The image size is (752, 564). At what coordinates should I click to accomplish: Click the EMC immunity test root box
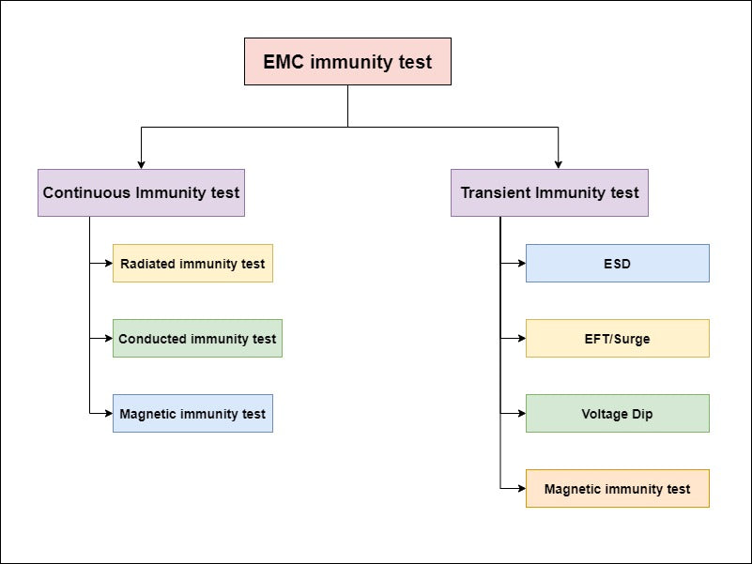click(x=347, y=62)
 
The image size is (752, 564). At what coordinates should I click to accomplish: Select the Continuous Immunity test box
click(x=141, y=192)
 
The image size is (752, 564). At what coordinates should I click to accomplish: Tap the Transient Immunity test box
click(x=549, y=192)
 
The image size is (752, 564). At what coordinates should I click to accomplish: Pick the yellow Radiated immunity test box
click(x=192, y=264)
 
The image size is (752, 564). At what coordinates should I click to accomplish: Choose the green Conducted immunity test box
click(x=197, y=339)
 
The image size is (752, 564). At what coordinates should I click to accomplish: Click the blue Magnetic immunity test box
click(x=192, y=414)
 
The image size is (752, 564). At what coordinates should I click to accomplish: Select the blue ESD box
click(x=617, y=264)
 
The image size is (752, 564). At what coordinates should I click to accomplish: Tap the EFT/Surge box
click(x=617, y=339)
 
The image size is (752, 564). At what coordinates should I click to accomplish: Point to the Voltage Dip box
click(x=617, y=414)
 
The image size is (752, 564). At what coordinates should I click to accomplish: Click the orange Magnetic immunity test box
click(x=617, y=489)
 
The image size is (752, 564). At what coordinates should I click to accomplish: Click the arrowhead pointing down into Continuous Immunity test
click(x=141, y=163)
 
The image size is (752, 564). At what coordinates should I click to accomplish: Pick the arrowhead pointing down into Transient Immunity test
click(x=559, y=163)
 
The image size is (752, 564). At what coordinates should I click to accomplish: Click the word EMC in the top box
click(x=284, y=63)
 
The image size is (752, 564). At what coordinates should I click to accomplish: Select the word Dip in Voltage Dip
click(x=642, y=415)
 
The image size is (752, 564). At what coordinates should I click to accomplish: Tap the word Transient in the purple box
click(x=496, y=193)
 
